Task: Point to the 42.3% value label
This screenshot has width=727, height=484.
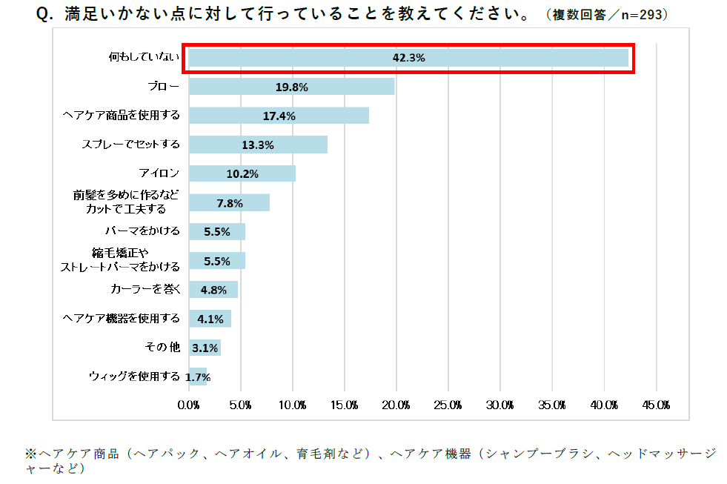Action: tap(408, 58)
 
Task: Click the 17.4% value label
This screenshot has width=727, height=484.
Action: tap(279, 116)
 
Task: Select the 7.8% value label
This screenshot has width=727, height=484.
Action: tap(229, 202)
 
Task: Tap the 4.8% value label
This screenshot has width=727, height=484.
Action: tap(213, 289)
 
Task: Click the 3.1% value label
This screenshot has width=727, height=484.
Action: tap(205, 348)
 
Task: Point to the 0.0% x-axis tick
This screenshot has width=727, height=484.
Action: tap(189, 405)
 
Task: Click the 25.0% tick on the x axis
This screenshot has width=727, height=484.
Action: tap(448, 405)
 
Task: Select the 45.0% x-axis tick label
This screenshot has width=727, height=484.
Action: tap(657, 405)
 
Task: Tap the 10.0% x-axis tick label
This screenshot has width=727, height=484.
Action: tap(293, 405)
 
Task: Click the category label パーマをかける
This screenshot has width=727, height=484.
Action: tap(143, 231)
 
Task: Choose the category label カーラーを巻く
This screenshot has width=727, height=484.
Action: tap(145, 289)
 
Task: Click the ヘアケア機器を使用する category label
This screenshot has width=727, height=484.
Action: tap(122, 318)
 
